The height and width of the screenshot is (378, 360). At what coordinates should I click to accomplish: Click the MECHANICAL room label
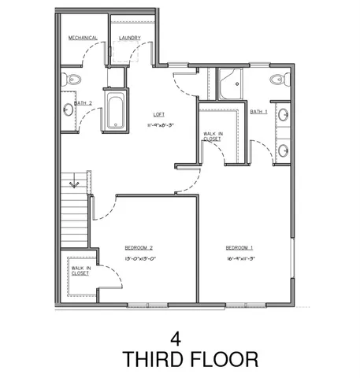pyautogui.click(x=82, y=38)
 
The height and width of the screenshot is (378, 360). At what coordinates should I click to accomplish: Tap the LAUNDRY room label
pyautogui.click(x=129, y=38)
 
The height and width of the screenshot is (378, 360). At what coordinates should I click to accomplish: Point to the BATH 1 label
pyautogui.click(x=258, y=112)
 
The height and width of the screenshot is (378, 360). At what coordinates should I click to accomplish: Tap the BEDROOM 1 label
pyautogui.click(x=239, y=247)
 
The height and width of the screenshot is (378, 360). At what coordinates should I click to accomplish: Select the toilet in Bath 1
pyautogui.click(x=276, y=79)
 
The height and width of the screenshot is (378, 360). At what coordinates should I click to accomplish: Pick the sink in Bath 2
pyautogui.click(x=68, y=109)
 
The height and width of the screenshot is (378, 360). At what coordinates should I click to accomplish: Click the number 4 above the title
pyautogui.click(x=176, y=339)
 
